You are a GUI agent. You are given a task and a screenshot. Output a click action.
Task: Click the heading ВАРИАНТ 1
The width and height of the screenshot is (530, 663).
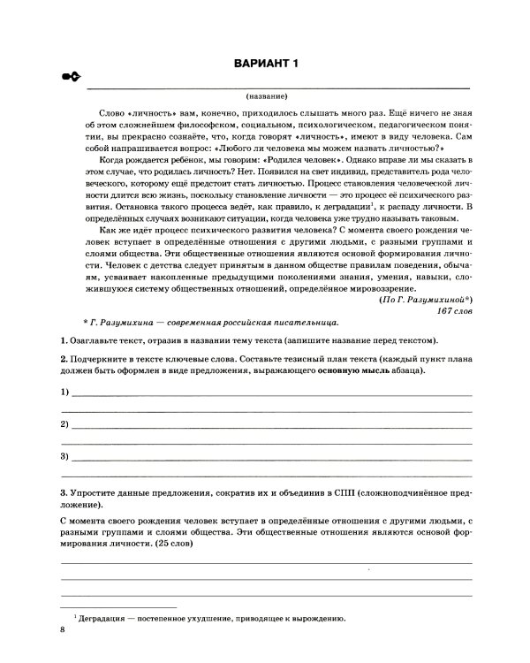click(265, 61)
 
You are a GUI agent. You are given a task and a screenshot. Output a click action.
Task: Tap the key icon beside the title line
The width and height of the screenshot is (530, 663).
click(71, 79)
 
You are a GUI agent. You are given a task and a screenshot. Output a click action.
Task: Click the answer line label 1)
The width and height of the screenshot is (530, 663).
click(64, 392)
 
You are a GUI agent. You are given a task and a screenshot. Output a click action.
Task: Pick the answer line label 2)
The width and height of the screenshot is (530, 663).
click(64, 424)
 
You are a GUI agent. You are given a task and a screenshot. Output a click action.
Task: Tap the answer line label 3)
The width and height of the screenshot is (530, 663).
click(64, 457)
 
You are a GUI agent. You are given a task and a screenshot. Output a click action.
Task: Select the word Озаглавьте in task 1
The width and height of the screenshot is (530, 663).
click(93, 341)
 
